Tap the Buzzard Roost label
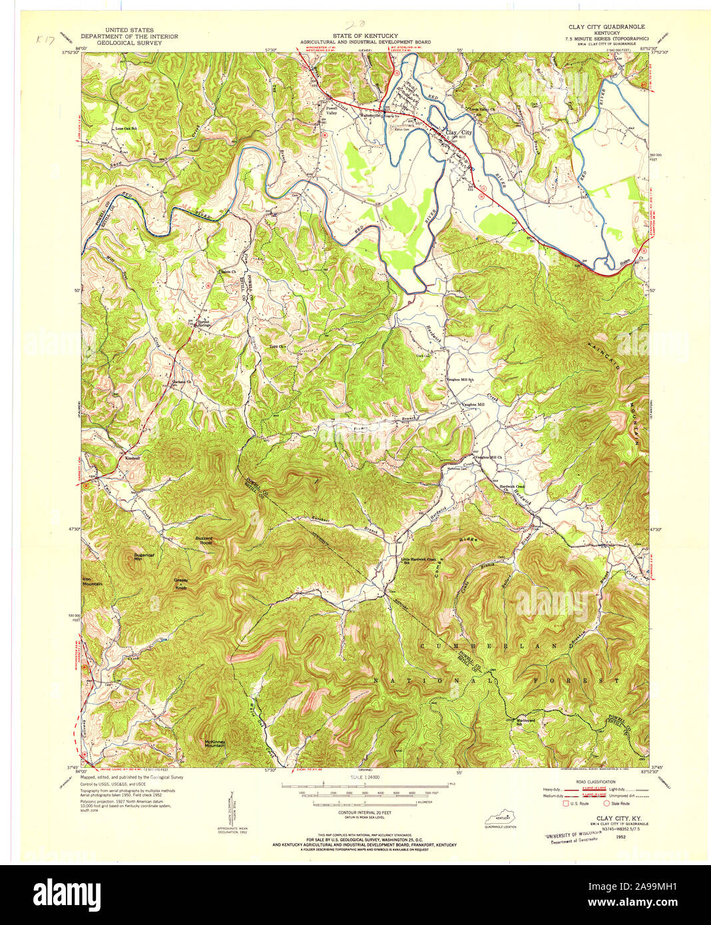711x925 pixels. coord(203,540)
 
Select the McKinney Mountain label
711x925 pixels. coord(214,743)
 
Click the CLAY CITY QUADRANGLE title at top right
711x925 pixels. coord(606,27)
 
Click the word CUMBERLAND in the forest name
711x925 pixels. coord(498,646)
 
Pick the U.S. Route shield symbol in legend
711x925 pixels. coord(568,803)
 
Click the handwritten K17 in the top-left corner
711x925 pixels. coord(47,41)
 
